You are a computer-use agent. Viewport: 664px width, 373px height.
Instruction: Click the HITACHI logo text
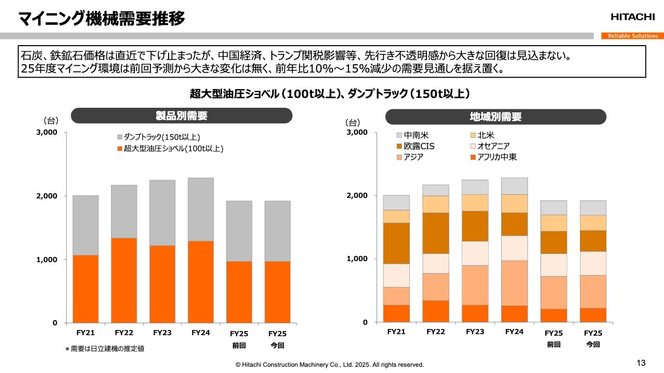tap(632, 17)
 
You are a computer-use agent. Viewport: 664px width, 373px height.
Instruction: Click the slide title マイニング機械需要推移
tap(101, 19)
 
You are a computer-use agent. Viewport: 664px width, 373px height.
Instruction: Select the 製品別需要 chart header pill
tap(182, 116)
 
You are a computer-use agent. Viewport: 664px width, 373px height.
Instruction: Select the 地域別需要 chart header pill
tap(495, 117)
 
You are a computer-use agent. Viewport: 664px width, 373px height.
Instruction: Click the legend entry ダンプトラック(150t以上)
tap(159, 137)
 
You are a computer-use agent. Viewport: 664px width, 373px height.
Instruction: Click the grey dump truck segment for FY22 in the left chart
tap(125, 211)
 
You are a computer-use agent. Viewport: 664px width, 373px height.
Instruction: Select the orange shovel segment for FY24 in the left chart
tap(200, 282)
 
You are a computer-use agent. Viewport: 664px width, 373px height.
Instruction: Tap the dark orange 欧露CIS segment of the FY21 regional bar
tap(396, 243)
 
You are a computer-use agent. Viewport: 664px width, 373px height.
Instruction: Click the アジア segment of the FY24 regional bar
tap(514, 283)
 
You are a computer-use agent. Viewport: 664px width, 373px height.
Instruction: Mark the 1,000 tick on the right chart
tap(357, 259)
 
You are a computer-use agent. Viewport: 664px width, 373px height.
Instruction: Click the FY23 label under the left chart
tap(162, 333)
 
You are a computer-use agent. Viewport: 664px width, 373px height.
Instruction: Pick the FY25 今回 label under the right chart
tap(593, 338)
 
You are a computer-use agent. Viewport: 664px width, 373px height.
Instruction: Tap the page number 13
tap(641, 362)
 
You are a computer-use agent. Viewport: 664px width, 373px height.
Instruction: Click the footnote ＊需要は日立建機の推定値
tap(104, 349)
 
